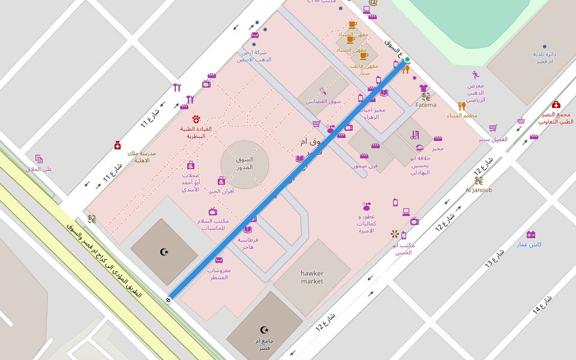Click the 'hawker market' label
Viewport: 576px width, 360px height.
click(x=311, y=277)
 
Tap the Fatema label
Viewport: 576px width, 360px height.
click(x=426, y=105)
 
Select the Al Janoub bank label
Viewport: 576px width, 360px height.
click(x=478, y=190)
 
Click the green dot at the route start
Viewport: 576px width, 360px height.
click(x=407, y=59)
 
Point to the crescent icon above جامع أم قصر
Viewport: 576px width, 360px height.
click(x=264, y=329)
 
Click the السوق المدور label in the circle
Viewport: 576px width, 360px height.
click(x=244, y=163)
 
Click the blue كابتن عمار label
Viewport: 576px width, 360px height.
click(x=530, y=244)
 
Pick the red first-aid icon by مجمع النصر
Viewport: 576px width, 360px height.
click(x=556, y=104)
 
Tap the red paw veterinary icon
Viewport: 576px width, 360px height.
click(x=196, y=119)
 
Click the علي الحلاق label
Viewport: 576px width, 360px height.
click(x=39, y=169)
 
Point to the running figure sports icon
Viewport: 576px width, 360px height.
click(x=475, y=75)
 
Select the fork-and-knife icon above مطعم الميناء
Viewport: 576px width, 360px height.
click(x=461, y=106)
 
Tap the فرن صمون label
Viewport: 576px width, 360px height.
click(x=364, y=165)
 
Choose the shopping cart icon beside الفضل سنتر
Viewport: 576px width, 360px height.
click(x=493, y=128)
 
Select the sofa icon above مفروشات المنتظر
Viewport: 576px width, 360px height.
click(x=219, y=260)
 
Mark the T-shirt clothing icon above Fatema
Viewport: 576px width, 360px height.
click(x=424, y=88)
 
